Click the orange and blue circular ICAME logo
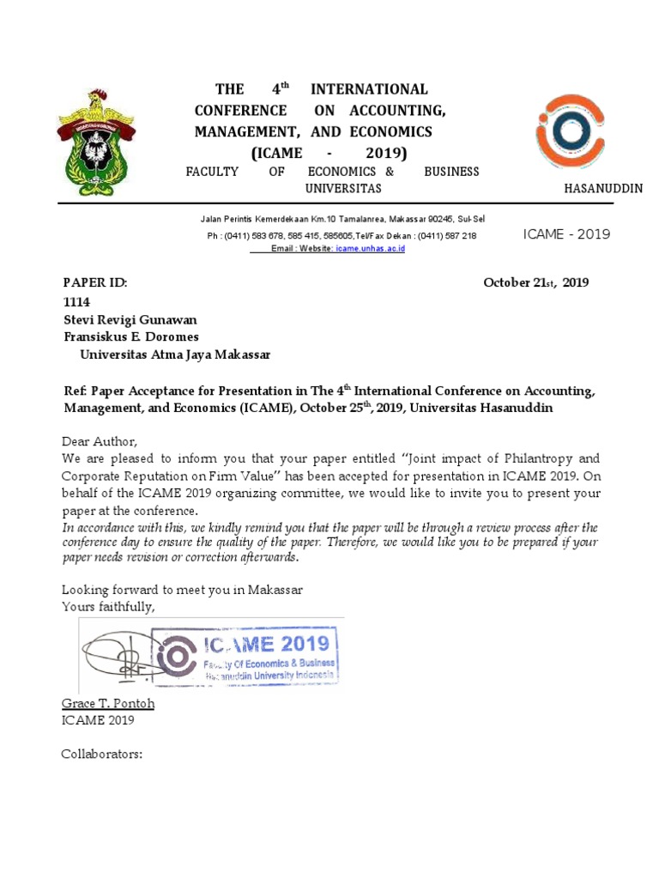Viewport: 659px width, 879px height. (571, 130)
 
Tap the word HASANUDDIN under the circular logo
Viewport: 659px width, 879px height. (602, 188)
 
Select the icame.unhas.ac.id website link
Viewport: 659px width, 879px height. (370, 249)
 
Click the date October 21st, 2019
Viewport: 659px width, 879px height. (535, 283)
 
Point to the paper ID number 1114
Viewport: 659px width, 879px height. (76, 301)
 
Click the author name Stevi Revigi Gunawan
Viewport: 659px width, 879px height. (130, 319)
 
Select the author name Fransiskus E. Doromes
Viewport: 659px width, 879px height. (130, 336)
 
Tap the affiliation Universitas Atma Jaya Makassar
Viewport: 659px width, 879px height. (175, 355)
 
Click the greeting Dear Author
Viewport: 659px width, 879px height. (99, 441)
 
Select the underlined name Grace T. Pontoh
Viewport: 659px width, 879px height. (108, 703)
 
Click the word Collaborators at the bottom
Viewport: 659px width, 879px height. (101, 755)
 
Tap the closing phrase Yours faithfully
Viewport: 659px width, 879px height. (108, 607)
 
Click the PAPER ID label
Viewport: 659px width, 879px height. (94, 283)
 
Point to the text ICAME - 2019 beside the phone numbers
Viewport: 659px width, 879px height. (566, 234)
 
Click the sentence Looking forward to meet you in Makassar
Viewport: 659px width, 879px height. (182, 591)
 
